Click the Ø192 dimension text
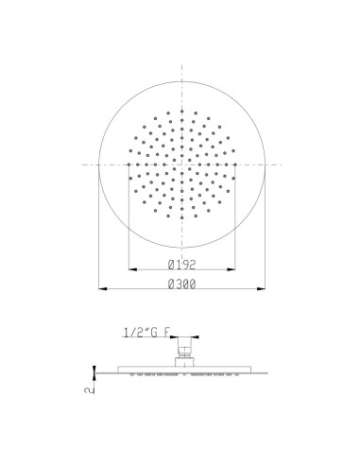click(x=181, y=265)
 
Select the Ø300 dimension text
click(x=181, y=284)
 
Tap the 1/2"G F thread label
click(x=147, y=333)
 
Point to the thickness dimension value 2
click(x=90, y=389)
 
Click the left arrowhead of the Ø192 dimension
click(x=133, y=269)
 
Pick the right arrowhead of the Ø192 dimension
click(x=231, y=269)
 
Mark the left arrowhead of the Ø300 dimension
click(x=103, y=288)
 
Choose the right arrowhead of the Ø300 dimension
click(x=261, y=288)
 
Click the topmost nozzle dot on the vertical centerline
click(x=181, y=111)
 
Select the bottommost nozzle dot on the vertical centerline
click(x=181, y=217)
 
